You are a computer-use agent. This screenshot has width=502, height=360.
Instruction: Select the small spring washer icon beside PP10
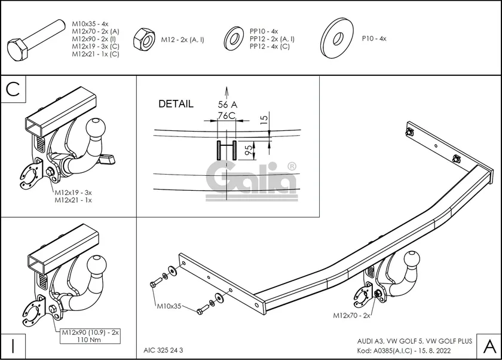tap(232, 38)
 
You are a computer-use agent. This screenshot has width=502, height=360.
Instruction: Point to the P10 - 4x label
tap(374, 38)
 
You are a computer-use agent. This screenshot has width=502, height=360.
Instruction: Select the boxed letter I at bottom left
tap(12, 346)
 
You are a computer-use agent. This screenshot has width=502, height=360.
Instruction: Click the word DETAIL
tap(176, 103)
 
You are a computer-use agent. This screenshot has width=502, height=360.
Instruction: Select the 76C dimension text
tap(226, 115)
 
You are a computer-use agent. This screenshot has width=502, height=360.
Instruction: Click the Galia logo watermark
tap(252, 177)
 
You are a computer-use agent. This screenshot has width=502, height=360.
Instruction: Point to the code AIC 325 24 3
tap(163, 350)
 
